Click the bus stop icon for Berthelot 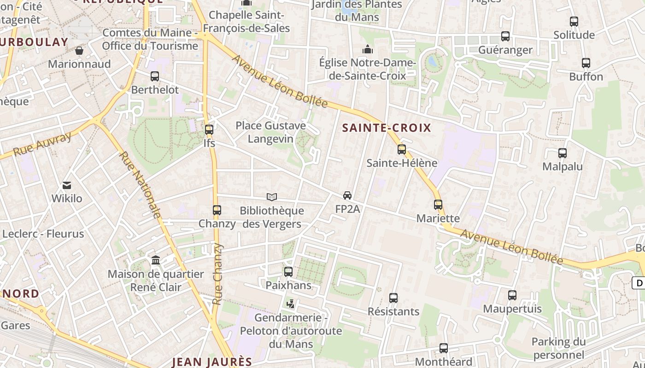point(155,76)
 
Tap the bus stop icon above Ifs point(209,130)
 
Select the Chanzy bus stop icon point(217,210)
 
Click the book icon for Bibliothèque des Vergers point(272,197)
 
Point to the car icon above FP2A point(347,195)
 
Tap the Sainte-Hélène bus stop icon point(402,149)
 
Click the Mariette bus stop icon point(438,205)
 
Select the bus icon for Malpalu point(563,153)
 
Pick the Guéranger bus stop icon point(505,36)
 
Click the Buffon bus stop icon point(586,63)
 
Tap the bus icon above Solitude point(574,22)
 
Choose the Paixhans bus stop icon point(288,272)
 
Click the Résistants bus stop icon point(393,298)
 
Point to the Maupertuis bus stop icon point(512,295)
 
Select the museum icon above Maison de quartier point(156,260)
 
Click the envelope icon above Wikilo point(67,185)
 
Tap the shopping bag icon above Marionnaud point(79,51)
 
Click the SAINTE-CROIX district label point(387,128)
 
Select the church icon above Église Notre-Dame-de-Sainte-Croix point(368,49)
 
